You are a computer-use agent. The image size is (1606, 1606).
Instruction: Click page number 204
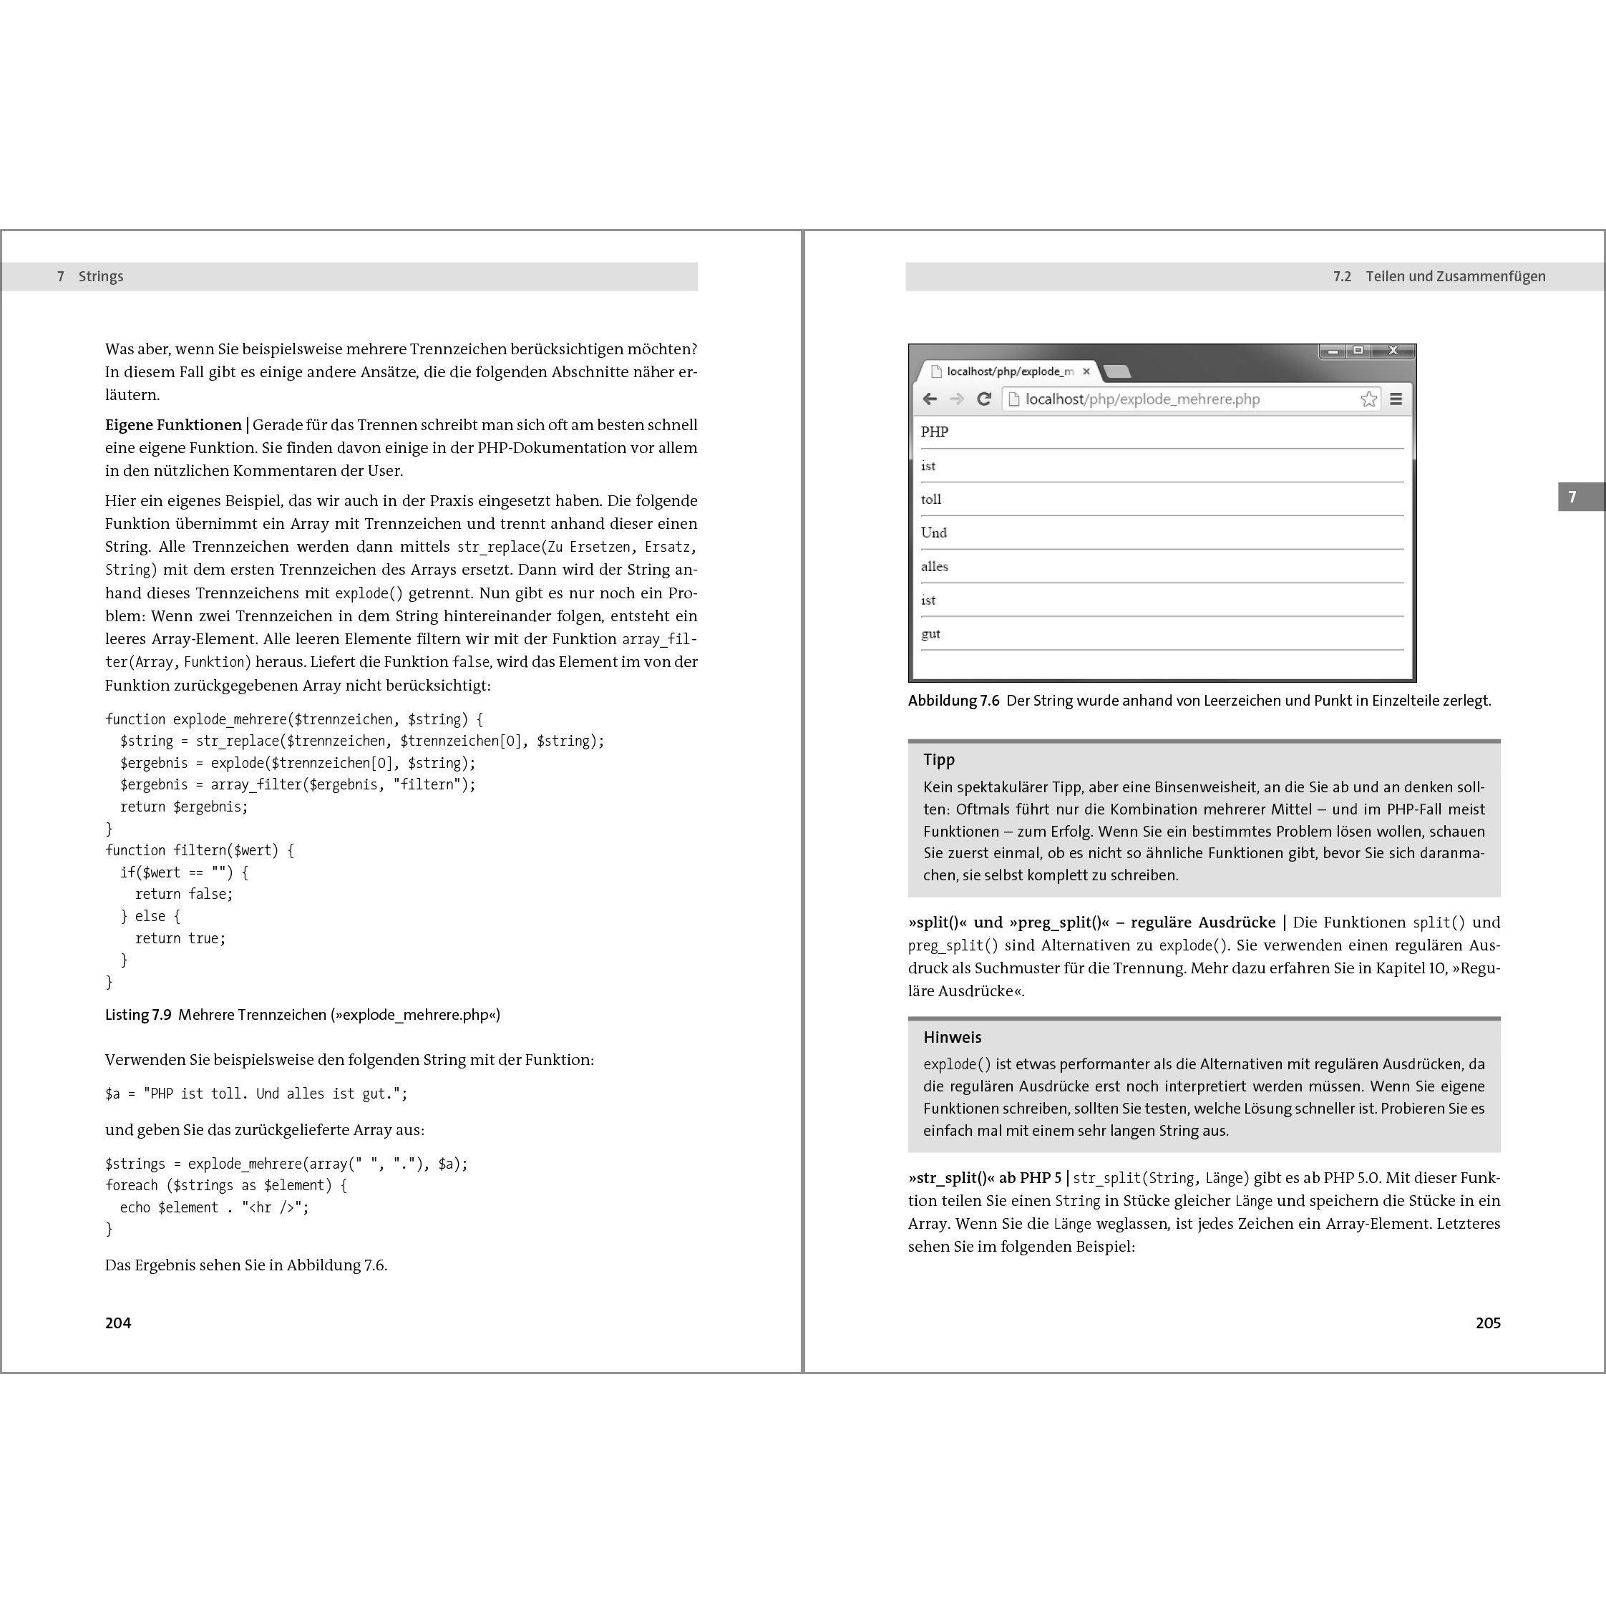point(118,1323)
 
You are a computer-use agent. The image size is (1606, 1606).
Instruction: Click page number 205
point(1487,1323)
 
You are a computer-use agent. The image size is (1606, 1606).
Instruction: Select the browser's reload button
point(983,399)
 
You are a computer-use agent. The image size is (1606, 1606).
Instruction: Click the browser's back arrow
point(930,399)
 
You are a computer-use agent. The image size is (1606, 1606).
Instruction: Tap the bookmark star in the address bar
point(1368,399)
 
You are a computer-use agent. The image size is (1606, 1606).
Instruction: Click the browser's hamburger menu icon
point(1396,399)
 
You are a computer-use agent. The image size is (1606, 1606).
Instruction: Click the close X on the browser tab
point(1086,371)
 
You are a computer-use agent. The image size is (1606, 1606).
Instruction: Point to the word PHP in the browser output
point(935,432)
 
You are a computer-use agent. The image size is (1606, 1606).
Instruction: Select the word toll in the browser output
point(931,500)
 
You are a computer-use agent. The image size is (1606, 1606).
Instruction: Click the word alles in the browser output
point(935,567)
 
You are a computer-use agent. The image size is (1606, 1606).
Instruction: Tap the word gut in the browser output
point(931,634)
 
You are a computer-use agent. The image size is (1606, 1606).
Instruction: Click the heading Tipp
point(938,760)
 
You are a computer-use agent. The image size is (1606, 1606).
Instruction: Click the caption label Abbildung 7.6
point(953,701)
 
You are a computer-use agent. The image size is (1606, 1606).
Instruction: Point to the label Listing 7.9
point(138,1015)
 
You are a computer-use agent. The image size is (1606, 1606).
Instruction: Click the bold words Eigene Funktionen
point(173,426)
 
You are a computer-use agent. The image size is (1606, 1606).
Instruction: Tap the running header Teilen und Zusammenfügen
point(1455,277)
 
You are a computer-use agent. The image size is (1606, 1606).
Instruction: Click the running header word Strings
point(101,277)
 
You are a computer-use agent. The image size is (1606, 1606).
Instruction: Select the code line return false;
point(184,895)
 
